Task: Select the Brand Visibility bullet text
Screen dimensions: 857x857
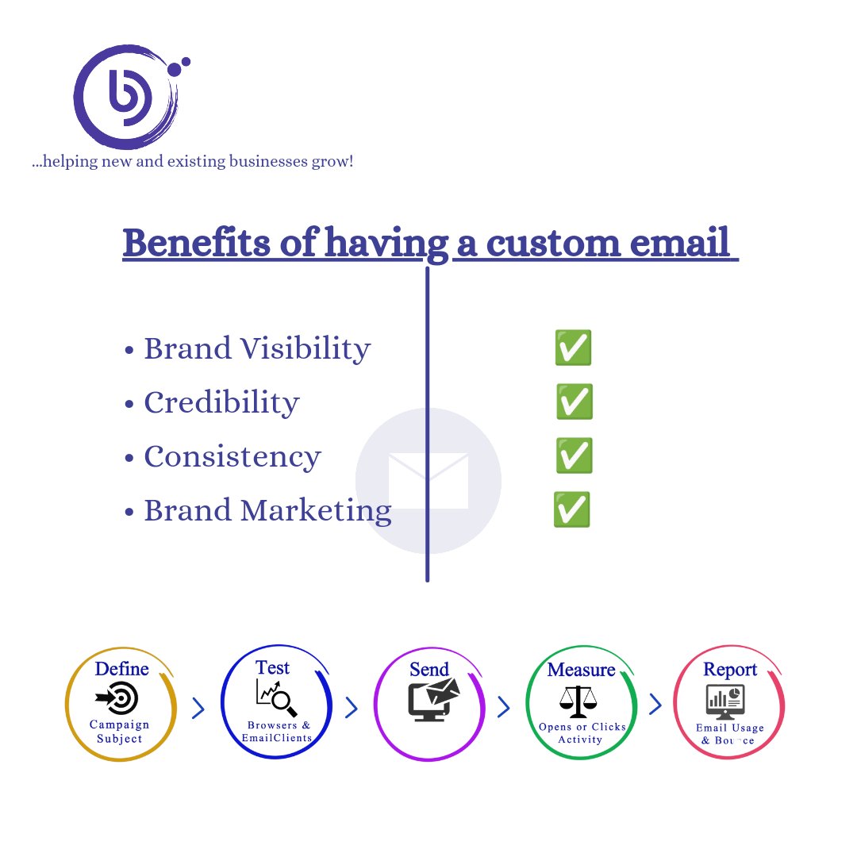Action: pyautogui.click(x=256, y=349)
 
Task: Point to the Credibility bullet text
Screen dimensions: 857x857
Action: pyautogui.click(x=221, y=403)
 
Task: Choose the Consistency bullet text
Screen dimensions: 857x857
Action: pyautogui.click(x=232, y=457)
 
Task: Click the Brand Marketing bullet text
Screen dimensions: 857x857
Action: pyautogui.click(x=267, y=510)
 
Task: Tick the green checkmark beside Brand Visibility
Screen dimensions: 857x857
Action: pyautogui.click(x=573, y=348)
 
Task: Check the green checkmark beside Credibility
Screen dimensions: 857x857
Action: pyautogui.click(x=574, y=402)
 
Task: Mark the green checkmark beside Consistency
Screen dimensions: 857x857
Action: pyautogui.click(x=574, y=456)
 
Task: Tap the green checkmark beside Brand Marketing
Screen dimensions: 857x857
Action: pyautogui.click(x=572, y=510)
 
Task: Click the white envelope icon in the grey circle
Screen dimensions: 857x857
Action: pyautogui.click(x=428, y=480)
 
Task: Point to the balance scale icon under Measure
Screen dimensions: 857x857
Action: pyautogui.click(x=578, y=699)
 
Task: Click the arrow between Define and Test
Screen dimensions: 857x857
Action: pyautogui.click(x=198, y=708)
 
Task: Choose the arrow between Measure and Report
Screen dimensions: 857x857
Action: pyautogui.click(x=655, y=705)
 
